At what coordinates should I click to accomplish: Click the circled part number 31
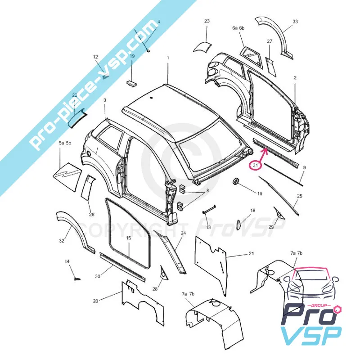pyautogui.click(x=255, y=165)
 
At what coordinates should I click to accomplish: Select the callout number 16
pyautogui.click(x=260, y=193)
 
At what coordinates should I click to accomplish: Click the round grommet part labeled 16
pyautogui.click(x=236, y=181)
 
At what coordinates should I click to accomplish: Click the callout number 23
pyautogui.click(x=207, y=21)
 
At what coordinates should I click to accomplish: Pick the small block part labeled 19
pyautogui.click(x=132, y=83)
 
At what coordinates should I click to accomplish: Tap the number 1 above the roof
pyautogui.click(x=168, y=58)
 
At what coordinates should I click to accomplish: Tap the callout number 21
pyautogui.click(x=252, y=253)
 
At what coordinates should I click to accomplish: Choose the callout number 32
pyautogui.click(x=62, y=241)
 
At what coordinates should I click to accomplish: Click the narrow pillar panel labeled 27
pyautogui.click(x=270, y=66)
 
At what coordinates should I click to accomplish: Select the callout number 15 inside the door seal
pyautogui.click(x=128, y=238)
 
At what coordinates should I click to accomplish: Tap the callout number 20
pyautogui.click(x=96, y=301)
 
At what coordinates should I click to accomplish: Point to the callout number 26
pyautogui.click(x=92, y=215)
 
